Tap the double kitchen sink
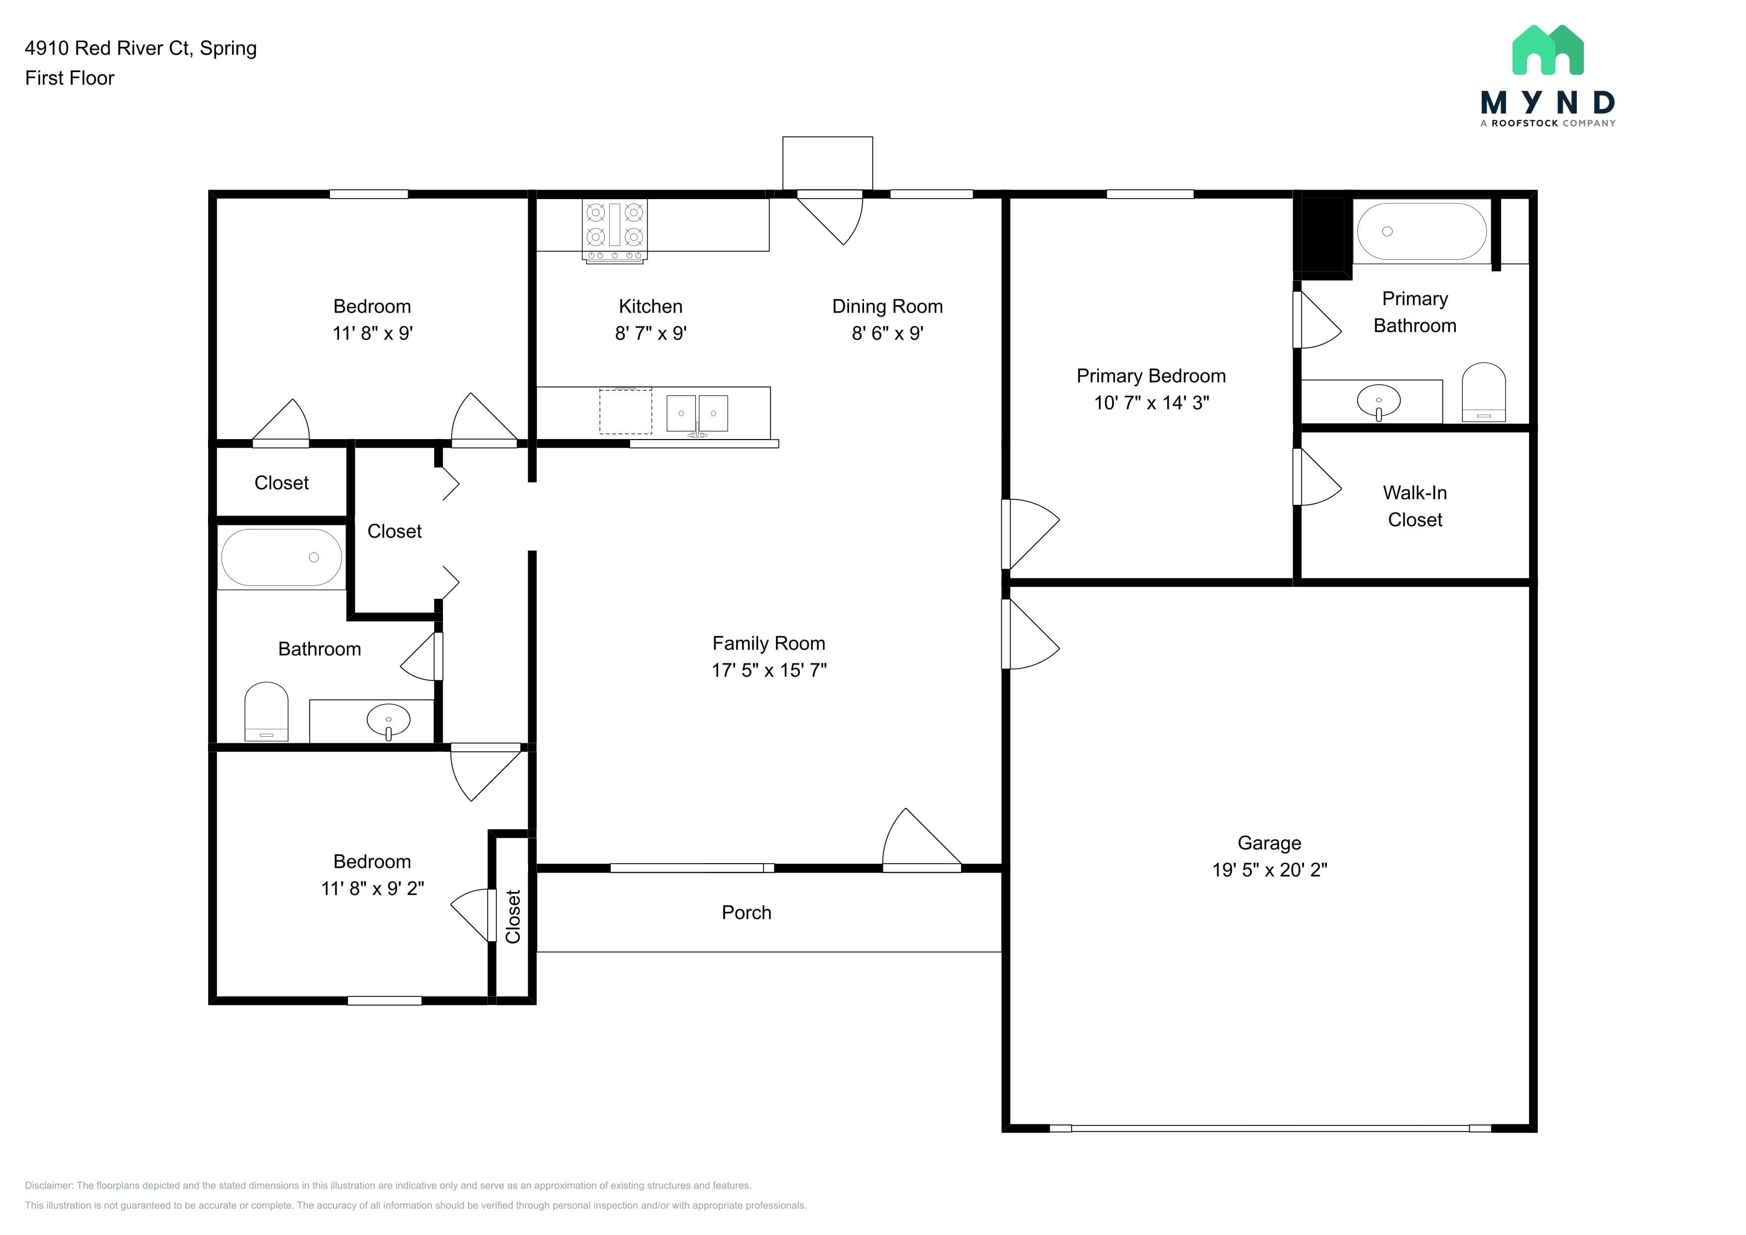coord(697,414)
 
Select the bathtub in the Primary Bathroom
coord(1422,231)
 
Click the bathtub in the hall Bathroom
coord(281,558)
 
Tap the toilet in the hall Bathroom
coord(266,711)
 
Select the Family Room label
coord(769,643)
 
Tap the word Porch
coord(746,912)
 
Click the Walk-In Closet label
coord(1415,506)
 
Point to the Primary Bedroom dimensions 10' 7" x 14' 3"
coord(1151,403)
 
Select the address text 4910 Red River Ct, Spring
coord(141,48)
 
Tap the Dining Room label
coord(887,307)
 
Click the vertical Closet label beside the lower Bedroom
coord(513,916)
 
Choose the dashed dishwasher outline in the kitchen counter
coord(625,411)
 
